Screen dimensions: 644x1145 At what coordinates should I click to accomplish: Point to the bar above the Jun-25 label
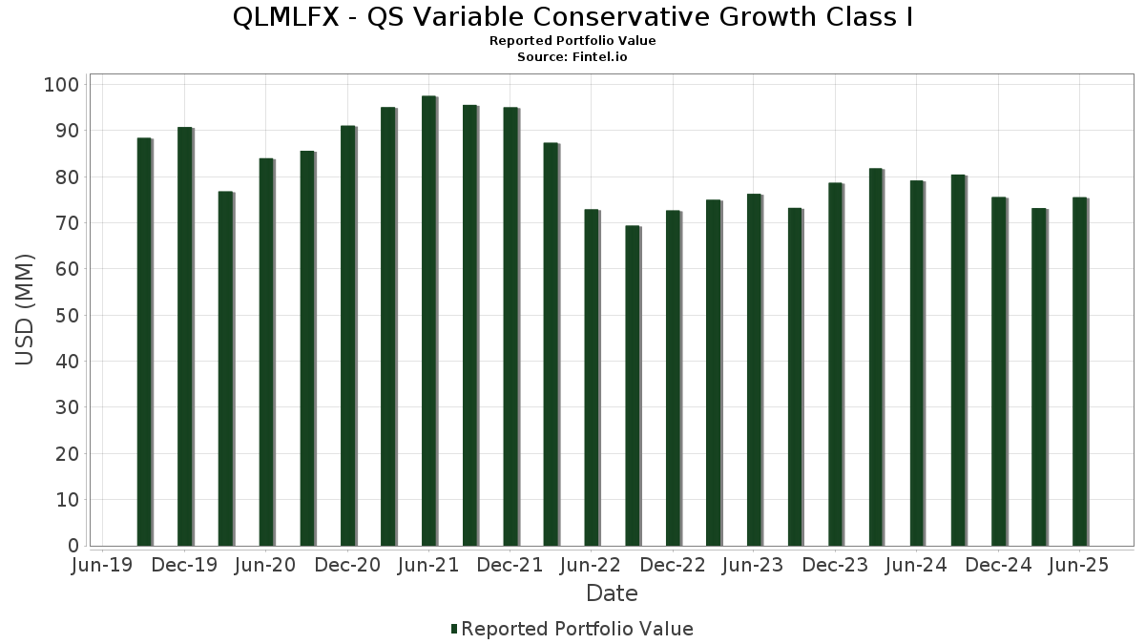coord(1079,372)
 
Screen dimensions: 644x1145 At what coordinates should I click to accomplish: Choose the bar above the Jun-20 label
coord(266,352)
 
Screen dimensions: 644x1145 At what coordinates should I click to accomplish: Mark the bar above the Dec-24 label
coord(998,372)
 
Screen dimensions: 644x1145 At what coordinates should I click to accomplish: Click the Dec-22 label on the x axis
coord(673,566)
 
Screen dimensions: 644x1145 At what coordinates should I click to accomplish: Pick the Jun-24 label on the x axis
coord(916,566)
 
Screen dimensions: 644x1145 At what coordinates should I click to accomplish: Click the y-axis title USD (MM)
coord(26,310)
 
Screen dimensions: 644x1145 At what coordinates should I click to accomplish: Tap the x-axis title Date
coord(612,593)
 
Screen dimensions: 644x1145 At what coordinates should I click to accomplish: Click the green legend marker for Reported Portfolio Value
coord(454,629)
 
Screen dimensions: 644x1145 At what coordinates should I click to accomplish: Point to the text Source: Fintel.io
coord(572,57)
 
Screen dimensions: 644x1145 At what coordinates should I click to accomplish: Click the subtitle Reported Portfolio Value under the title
coord(572,41)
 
